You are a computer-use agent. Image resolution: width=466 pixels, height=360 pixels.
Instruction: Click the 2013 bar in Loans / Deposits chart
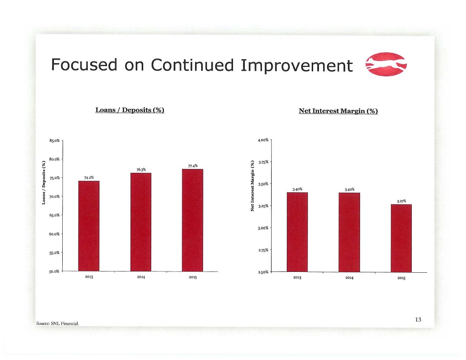[89, 226]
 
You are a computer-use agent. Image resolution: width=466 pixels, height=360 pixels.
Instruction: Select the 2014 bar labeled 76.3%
[141, 222]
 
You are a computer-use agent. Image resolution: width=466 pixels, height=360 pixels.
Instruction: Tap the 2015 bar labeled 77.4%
[193, 220]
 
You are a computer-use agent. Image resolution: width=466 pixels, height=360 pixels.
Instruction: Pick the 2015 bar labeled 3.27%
[401, 238]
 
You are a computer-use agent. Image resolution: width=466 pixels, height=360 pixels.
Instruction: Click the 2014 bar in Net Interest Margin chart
[349, 232]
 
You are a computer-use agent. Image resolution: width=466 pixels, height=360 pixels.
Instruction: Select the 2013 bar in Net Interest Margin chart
[297, 232]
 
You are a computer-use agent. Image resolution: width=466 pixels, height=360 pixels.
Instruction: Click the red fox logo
[386, 64]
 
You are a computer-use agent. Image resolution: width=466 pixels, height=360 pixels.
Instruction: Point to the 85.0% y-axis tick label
[54, 141]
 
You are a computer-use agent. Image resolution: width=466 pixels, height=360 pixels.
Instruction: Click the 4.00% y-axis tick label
[264, 140]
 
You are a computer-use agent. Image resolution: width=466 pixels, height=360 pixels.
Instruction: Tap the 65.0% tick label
[54, 215]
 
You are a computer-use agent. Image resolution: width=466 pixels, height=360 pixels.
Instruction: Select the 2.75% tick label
[264, 250]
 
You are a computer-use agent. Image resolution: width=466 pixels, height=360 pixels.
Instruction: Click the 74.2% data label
[89, 177]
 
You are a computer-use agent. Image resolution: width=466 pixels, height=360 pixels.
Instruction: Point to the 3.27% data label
[401, 201]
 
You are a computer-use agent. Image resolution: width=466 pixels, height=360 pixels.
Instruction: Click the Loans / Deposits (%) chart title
[130, 110]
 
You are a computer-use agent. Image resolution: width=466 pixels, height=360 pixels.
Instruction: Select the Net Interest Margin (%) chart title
[338, 111]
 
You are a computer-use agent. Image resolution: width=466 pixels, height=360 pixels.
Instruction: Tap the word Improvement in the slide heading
[297, 65]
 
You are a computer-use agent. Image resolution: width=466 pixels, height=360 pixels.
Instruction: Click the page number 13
[418, 320]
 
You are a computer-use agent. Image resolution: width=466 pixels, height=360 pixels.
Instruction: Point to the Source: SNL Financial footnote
[57, 324]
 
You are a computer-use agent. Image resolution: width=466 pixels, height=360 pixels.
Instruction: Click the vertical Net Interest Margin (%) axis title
[252, 186]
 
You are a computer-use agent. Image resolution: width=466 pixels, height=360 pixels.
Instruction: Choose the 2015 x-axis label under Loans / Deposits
[193, 277]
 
